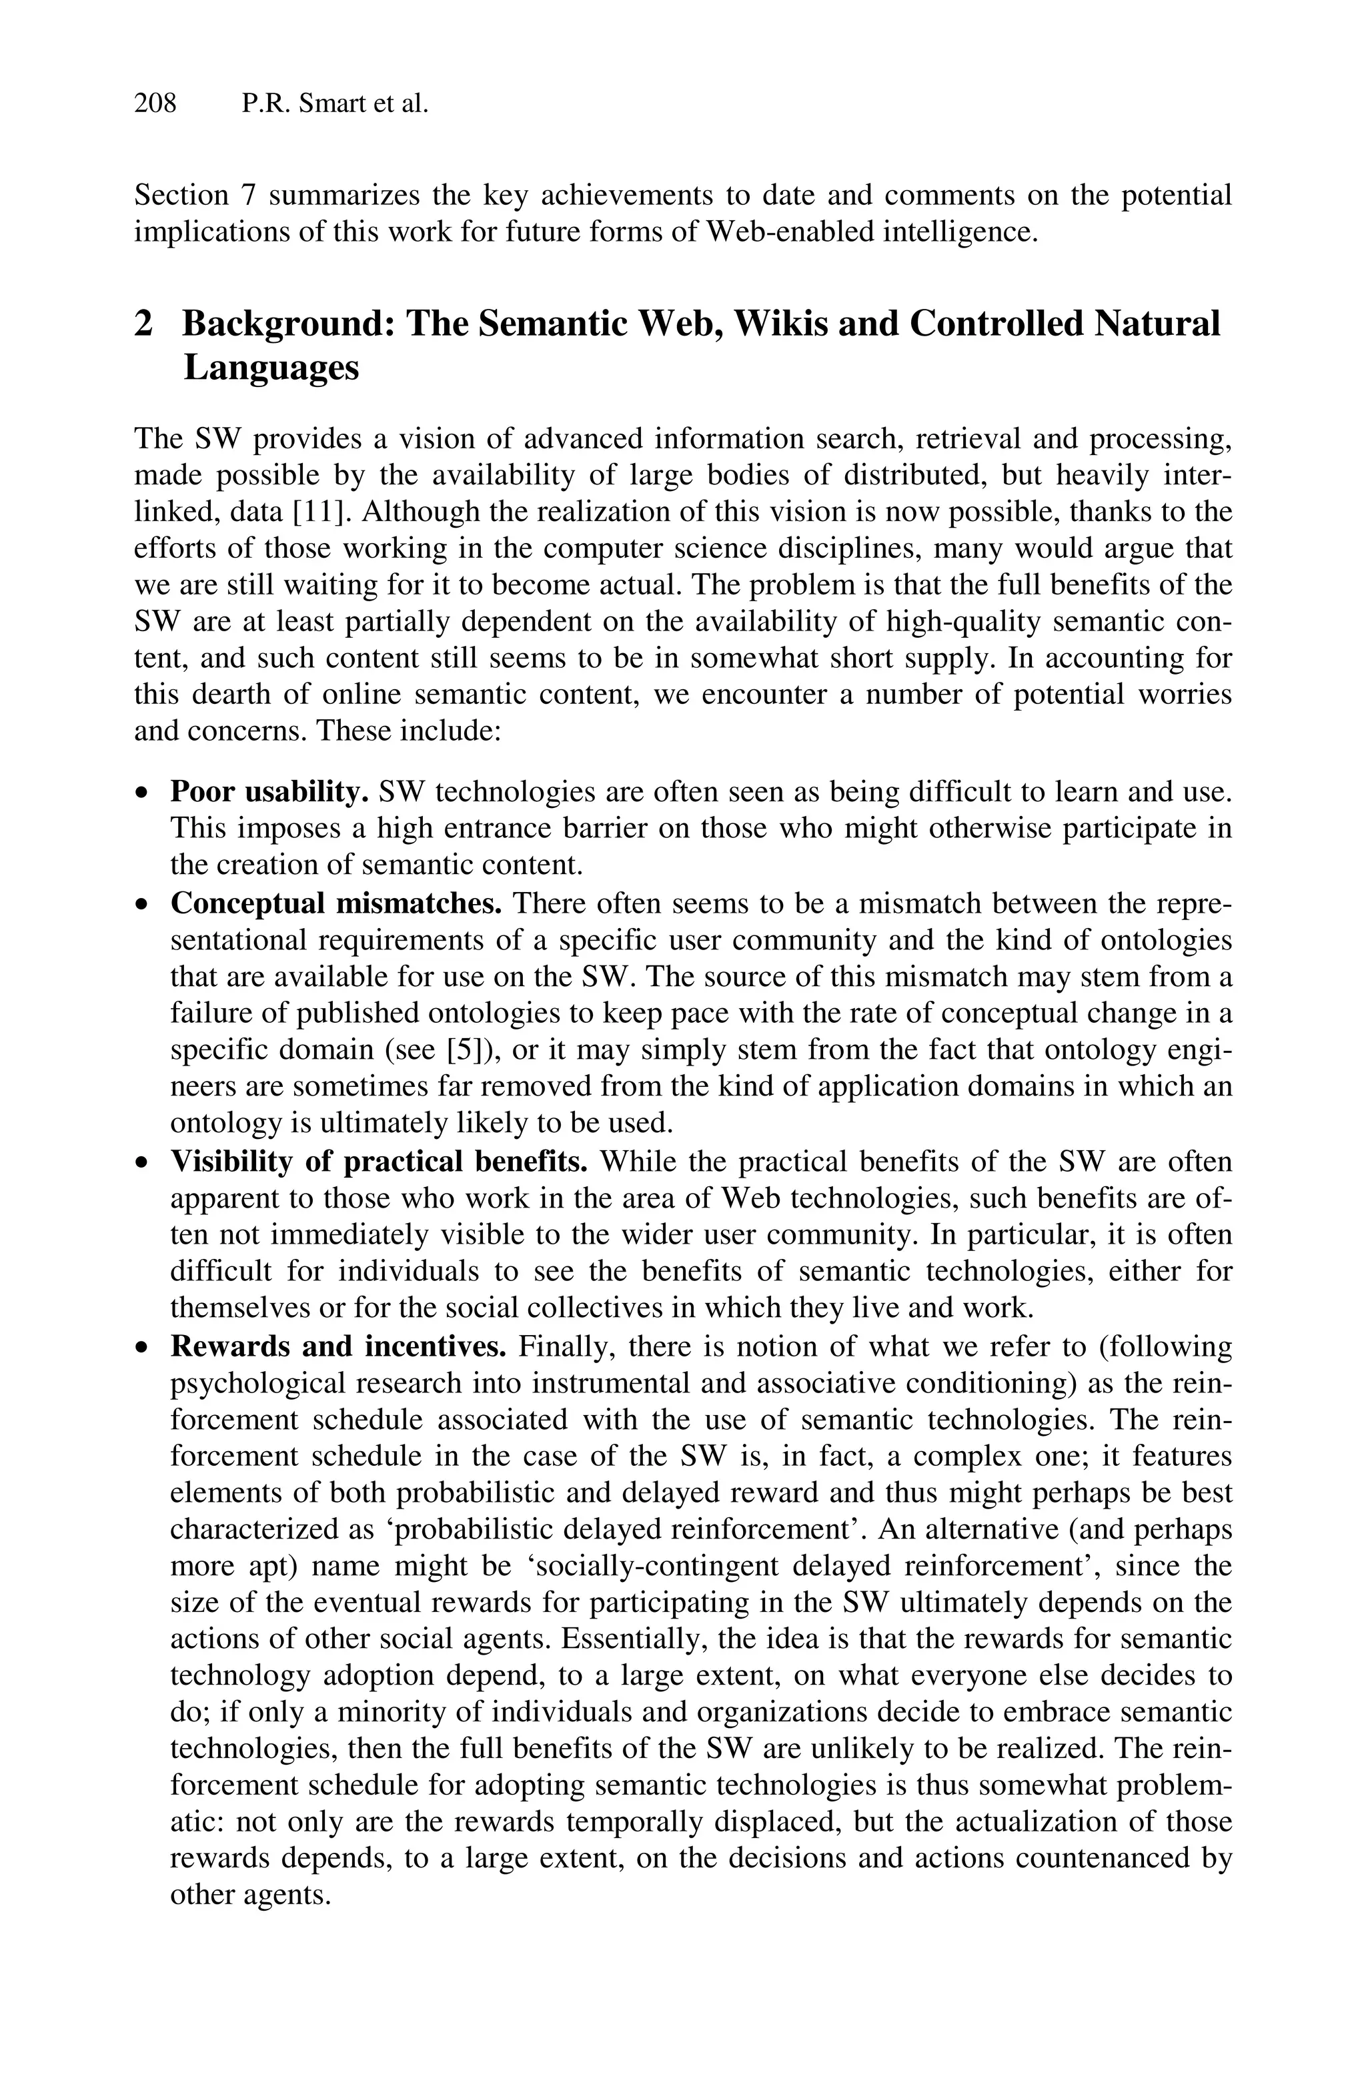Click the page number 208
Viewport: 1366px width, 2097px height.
pos(155,104)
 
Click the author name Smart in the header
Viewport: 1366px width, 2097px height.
pos(333,104)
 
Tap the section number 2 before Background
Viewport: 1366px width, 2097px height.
pos(143,324)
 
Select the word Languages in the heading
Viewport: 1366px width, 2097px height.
pos(271,366)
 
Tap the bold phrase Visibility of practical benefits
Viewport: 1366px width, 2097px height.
pos(379,1162)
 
